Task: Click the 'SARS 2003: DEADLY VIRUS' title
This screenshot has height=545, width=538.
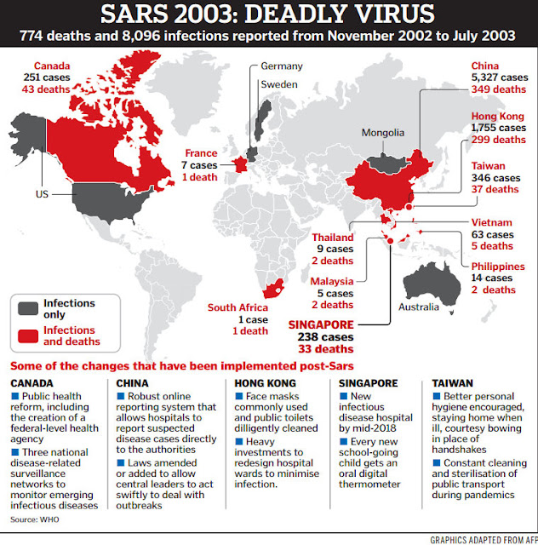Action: point(268,16)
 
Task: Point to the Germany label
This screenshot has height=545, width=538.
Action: point(282,66)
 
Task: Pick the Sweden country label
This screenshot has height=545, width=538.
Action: point(277,85)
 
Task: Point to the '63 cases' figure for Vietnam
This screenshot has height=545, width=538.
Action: point(493,234)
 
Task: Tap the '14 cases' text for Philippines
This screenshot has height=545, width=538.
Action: point(493,278)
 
